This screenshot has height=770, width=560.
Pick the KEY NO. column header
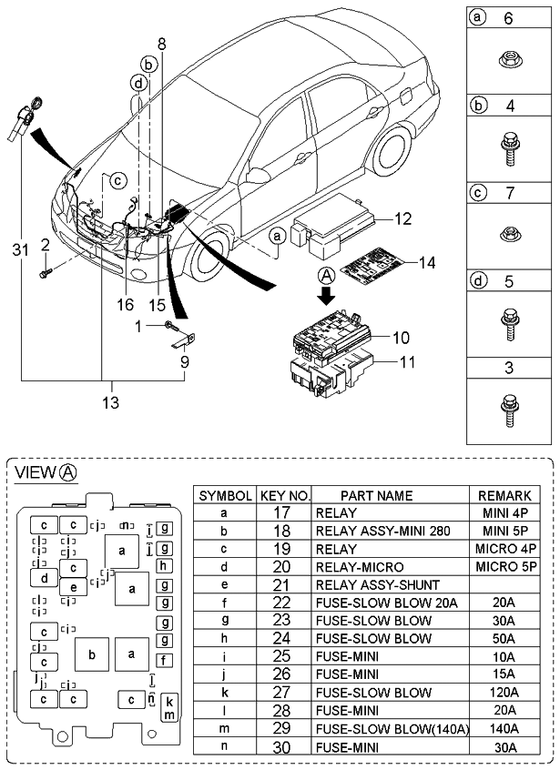tap(284, 495)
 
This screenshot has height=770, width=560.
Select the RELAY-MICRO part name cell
tap(359, 566)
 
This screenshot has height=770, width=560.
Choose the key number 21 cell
tap(284, 584)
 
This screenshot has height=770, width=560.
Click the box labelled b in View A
tap(91, 653)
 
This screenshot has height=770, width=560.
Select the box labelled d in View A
tap(43, 576)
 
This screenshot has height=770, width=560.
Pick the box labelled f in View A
tap(164, 660)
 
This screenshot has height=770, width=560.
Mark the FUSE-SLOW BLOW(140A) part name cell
tap(392, 728)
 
